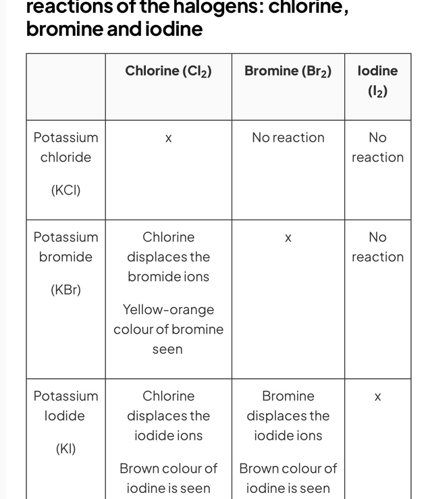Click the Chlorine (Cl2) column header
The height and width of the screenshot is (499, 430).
[x=168, y=71]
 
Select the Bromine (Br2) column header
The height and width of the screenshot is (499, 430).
[x=288, y=71]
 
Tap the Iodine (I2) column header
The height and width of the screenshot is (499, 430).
[x=377, y=80]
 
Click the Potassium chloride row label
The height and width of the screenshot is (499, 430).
[x=65, y=147]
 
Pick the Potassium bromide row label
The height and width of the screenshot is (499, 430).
[x=65, y=247]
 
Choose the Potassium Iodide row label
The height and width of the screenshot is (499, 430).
[x=65, y=406]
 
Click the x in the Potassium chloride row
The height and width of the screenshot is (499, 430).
[x=168, y=138]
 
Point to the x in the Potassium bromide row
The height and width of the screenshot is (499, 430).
[x=288, y=238]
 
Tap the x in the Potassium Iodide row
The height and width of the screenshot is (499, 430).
[x=377, y=397]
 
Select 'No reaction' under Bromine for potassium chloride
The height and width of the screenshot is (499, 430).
[x=288, y=138]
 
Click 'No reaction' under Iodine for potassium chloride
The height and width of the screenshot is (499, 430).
[x=377, y=147]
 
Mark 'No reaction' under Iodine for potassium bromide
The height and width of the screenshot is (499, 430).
[x=377, y=247]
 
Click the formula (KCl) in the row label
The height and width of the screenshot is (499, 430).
[x=65, y=190]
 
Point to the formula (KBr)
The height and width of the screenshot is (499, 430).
[x=65, y=290]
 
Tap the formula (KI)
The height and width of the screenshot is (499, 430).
[x=65, y=449]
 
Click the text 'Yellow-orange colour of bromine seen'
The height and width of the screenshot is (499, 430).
[x=168, y=330]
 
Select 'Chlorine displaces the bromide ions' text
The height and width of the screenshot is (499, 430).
[x=168, y=257]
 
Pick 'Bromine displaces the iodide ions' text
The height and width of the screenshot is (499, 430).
[x=288, y=415]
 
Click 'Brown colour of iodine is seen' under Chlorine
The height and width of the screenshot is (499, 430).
[x=168, y=478]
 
